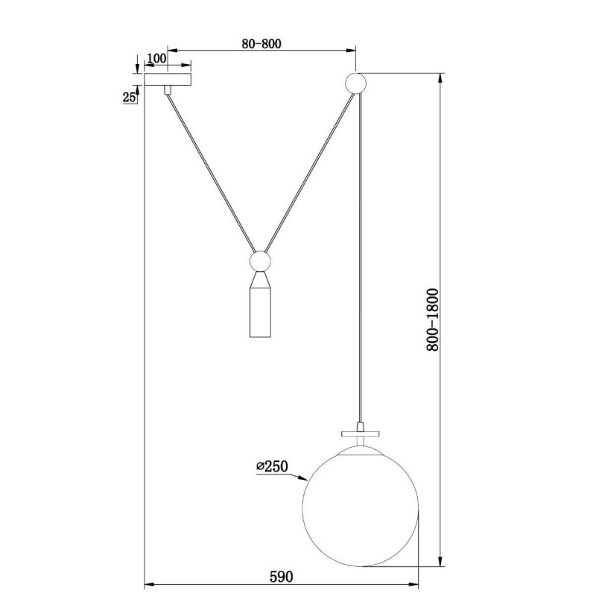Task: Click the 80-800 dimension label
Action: coord(261,44)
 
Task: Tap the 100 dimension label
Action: coord(156,58)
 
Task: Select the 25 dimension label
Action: coord(129,98)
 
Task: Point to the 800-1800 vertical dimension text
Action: coord(432,320)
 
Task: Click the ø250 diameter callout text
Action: coord(272,466)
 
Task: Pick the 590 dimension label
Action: coord(282,576)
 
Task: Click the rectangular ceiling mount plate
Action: coord(168,79)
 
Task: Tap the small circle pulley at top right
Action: coord(355,83)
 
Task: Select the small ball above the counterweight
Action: coord(260,261)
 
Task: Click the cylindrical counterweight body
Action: coord(260,312)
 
